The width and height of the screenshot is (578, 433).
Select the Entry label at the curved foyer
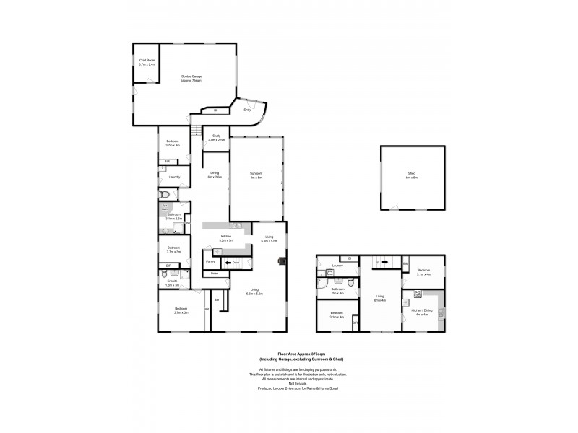coord(247,110)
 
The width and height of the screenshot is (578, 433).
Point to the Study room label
coord(216,138)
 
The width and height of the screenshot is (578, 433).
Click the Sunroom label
coord(256,175)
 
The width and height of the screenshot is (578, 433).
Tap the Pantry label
coord(210,261)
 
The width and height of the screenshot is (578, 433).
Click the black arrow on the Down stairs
coord(227,263)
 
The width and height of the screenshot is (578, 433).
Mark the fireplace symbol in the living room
coord(283,262)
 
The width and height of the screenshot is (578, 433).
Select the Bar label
coord(217,299)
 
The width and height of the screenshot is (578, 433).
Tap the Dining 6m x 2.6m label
coord(215,174)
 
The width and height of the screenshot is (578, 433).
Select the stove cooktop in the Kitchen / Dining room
coord(417,294)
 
